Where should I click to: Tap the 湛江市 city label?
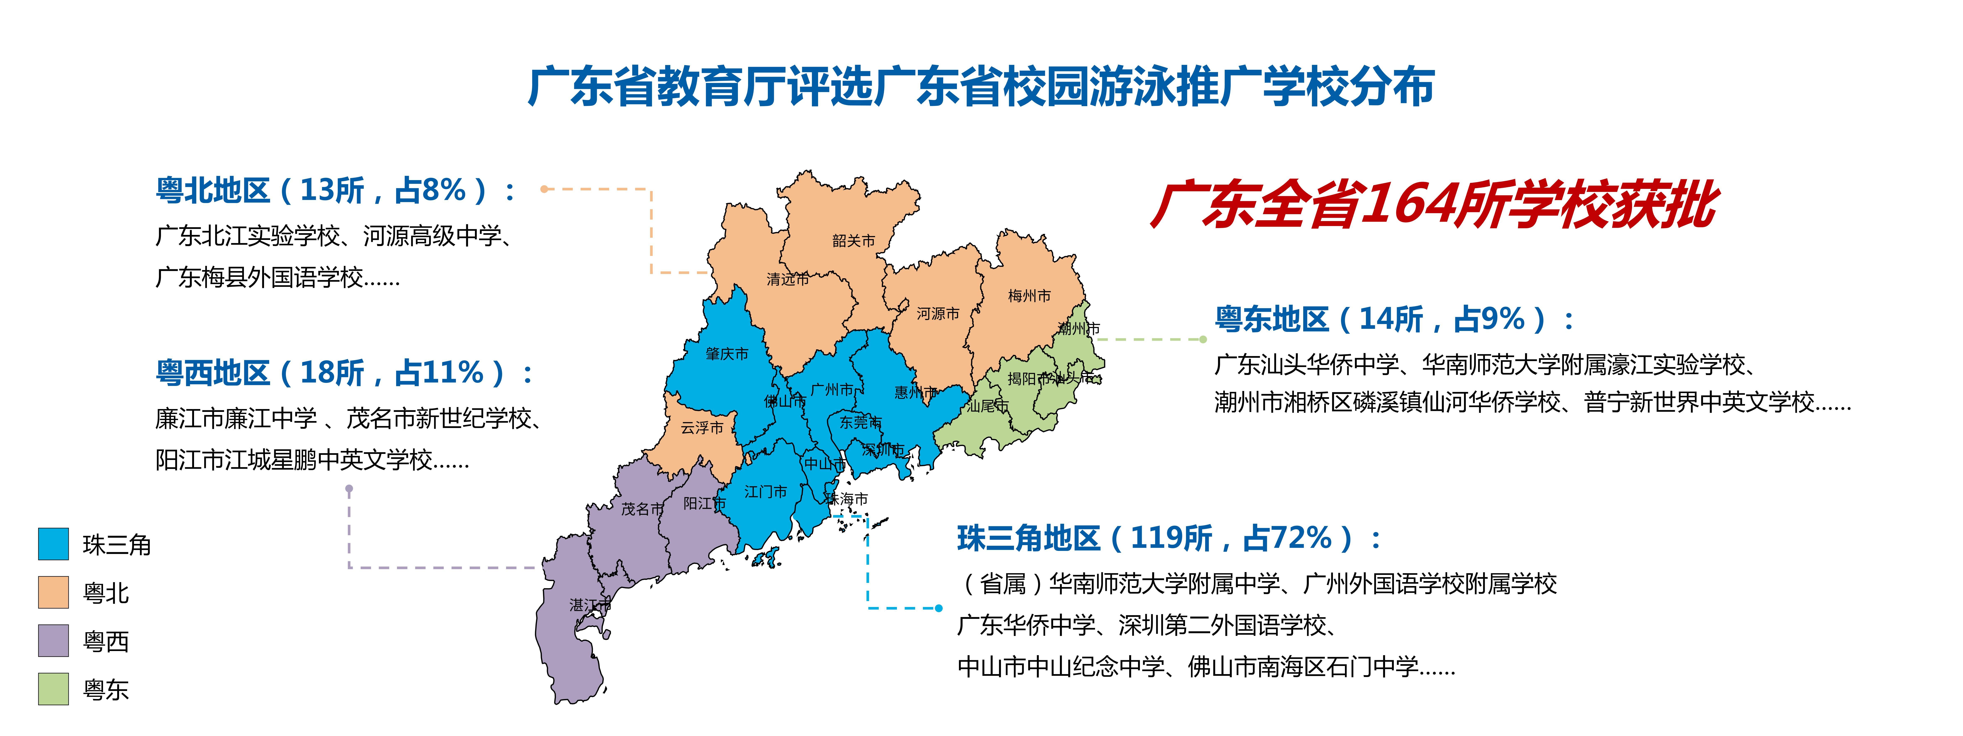click(x=590, y=605)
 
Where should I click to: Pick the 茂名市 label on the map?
click(x=642, y=508)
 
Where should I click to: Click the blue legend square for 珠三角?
click(x=53, y=544)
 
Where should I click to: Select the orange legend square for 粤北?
click(x=53, y=592)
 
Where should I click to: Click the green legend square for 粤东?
click(x=53, y=689)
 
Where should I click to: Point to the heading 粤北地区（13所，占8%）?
click(x=335, y=190)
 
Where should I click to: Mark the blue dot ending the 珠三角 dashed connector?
click(x=939, y=608)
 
